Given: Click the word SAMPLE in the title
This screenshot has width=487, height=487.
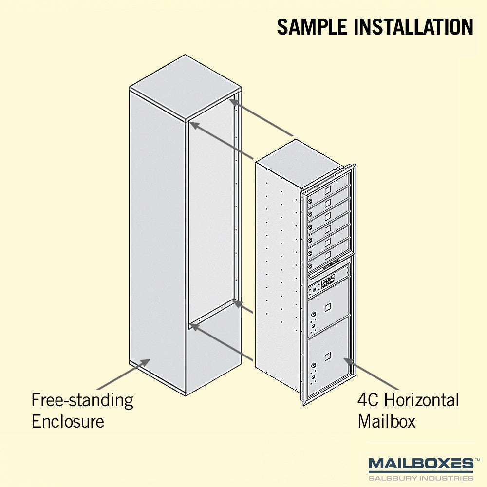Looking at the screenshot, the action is (312, 27).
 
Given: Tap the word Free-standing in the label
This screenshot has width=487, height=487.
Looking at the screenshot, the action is (82, 401).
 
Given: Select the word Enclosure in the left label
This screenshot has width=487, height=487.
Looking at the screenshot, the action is (68, 421).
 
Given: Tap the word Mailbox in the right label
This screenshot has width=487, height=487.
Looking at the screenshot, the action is (386, 421).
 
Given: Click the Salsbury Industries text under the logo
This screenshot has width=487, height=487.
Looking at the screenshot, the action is (421, 478).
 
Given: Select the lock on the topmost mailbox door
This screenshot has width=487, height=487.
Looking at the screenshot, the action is (310, 201).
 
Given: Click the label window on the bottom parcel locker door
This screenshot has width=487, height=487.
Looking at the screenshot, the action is (328, 356).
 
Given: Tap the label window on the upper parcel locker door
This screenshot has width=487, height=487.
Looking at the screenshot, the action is (328, 307).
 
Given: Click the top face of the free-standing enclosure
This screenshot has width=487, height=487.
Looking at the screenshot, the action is (186, 88).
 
